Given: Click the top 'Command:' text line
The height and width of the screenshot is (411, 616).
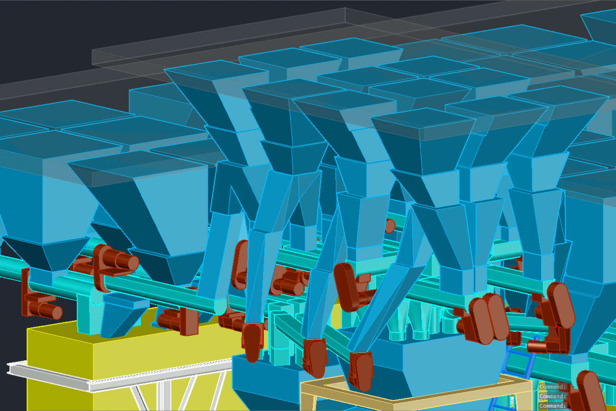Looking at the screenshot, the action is (553, 387).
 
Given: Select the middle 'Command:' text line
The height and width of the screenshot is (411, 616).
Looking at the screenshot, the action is (553, 396).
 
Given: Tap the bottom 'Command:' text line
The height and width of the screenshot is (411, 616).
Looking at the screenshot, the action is (553, 406).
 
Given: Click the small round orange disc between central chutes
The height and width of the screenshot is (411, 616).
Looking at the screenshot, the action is (390, 226).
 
